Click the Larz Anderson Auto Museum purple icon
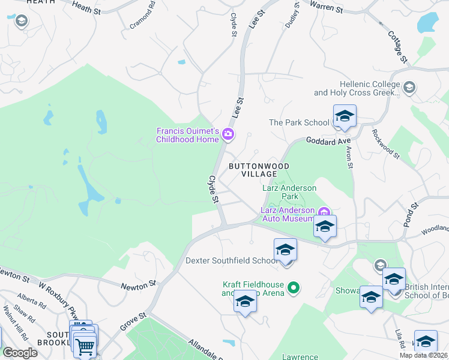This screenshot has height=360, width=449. (x=325, y=211)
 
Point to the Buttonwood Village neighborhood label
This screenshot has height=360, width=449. (x=258, y=170)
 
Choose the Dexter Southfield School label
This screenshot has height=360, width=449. (x=231, y=261)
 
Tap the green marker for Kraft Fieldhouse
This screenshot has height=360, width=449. (x=294, y=289)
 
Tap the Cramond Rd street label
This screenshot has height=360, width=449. (x=143, y=16)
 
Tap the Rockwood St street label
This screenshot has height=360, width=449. (x=385, y=143)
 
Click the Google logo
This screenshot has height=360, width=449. (x=20, y=353)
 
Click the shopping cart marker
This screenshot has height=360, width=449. (x=85, y=346)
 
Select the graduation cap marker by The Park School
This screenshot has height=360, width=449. (x=345, y=116)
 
